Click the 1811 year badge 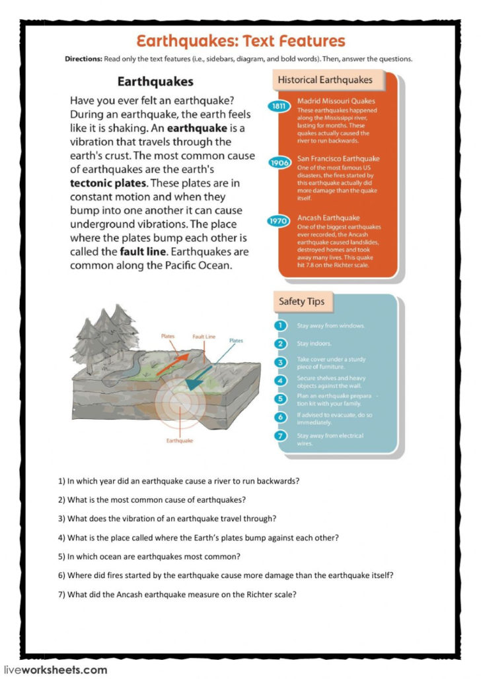(280, 106)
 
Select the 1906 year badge (280, 163)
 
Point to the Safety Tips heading (301, 302)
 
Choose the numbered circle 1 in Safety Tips (280, 326)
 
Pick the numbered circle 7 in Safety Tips (280, 436)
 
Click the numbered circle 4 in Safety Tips (280, 381)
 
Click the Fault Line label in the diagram (203, 337)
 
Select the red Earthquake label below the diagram (180, 441)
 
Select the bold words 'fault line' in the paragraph (141, 251)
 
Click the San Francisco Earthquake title (338, 159)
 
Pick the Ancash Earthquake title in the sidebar (328, 218)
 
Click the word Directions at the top (83, 59)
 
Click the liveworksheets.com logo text (55, 670)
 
